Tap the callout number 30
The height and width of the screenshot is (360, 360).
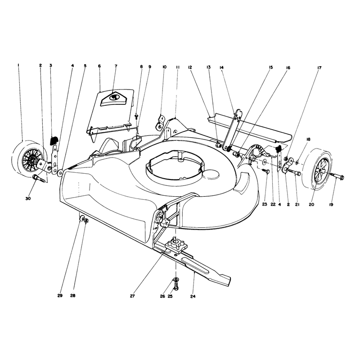click(28, 198)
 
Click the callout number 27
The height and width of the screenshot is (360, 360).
click(132, 296)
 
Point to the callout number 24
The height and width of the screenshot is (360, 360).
click(193, 297)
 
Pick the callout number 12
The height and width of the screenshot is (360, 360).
click(190, 67)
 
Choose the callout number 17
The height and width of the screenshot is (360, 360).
click(319, 68)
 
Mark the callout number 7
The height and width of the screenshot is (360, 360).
click(116, 66)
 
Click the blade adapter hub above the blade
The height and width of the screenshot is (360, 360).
click(175, 245)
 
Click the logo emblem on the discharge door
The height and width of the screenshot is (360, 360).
click(114, 97)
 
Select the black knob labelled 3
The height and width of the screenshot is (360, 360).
click(54, 140)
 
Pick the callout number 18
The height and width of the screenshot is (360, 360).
click(308, 139)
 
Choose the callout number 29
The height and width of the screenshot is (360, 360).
click(60, 296)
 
